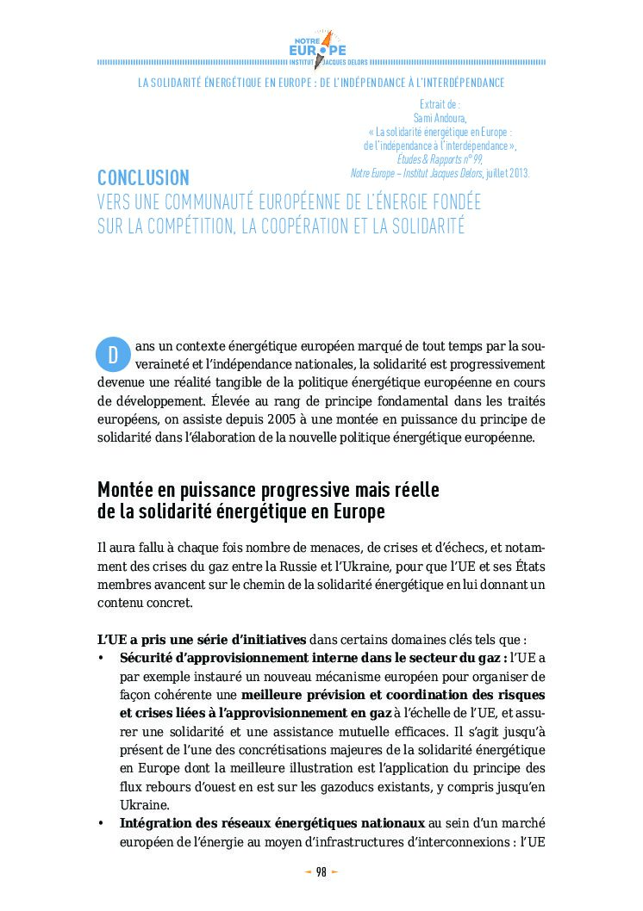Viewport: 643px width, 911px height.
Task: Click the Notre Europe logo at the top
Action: pos(321,46)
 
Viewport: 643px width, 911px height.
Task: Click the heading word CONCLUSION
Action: pos(143,178)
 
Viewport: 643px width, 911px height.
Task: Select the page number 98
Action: pos(321,872)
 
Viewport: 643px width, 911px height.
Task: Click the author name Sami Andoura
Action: pos(440,118)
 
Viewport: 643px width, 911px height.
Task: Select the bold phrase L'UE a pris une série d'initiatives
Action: pos(202,640)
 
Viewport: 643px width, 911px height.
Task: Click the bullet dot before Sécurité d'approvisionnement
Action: pos(102,659)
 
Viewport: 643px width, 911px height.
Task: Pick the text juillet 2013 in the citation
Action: pos(508,173)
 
